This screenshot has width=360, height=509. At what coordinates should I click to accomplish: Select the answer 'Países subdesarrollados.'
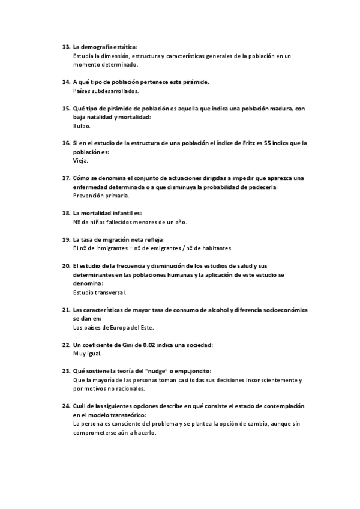pyautogui.click(x=106, y=91)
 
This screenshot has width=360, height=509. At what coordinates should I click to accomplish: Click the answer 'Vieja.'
pyautogui.click(x=80, y=161)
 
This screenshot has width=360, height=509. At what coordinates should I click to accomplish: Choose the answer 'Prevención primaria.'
pyautogui.click(x=101, y=196)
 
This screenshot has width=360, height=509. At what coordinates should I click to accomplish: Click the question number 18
pyautogui.click(x=66, y=213)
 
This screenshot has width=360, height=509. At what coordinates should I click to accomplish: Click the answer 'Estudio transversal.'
pyautogui.click(x=100, y=292)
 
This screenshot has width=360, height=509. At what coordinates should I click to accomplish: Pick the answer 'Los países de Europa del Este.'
pyautogui.click(x=113, y=327)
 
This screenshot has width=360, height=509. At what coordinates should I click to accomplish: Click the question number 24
pyautogui.click(x=66, y=406)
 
